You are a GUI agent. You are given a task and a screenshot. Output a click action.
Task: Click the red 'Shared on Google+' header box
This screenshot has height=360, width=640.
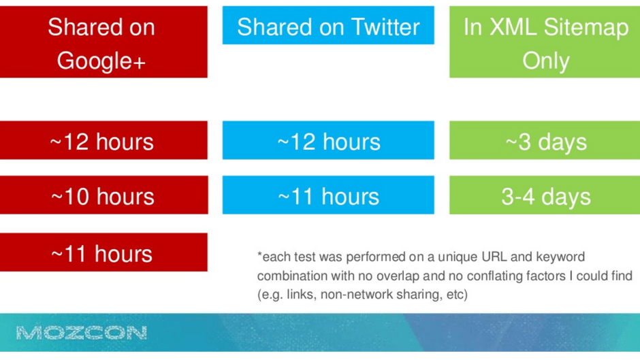pyautogui.click(x=103, y=42)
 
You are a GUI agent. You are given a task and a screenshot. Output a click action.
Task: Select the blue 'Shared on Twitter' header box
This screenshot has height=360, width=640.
pyautogui.click(x=328, y=25)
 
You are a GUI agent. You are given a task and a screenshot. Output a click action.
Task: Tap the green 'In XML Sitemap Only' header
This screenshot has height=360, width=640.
pyautogui.click(x=545, y=42)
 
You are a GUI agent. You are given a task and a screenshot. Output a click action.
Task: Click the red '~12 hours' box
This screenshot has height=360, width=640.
pyautogui.click(x=103, y=140)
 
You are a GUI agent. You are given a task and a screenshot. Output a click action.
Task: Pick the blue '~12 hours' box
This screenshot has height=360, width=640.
pyautogui.click(x=328, y=140)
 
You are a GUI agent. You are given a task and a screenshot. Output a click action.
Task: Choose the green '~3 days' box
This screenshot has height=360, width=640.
pyautogui.click(x=545, y=140)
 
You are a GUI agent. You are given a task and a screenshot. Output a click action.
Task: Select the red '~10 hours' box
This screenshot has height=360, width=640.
pyautogui.click(x=103, y=195)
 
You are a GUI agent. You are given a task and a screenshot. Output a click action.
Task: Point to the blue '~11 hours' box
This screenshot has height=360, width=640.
pyautogui.click(x=328, y=195)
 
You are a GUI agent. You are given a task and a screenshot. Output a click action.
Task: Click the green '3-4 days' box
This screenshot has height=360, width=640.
pyautogui.click(x=545, y=195)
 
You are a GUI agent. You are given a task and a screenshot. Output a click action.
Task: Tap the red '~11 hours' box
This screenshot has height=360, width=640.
pyautogui.click(x=103, y=252)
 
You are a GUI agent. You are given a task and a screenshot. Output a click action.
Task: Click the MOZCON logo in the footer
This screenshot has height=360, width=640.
pyautogui.click(x=82, y=333)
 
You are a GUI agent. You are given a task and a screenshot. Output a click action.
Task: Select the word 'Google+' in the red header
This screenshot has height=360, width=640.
pyautogui.click(x=101, y=61)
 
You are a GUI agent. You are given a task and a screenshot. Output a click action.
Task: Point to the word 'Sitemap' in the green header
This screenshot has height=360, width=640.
pyautogui.click(x=586, y=28)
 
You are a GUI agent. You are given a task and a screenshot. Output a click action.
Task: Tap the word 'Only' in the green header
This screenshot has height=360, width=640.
pyautogui.click(x=546, y=61)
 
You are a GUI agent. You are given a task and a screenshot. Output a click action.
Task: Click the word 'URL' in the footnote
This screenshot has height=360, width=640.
pyautogui.click(x=494, y=257)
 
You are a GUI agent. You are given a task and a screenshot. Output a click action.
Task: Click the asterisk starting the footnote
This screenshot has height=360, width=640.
pyautogui.click(x=259, y=255)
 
